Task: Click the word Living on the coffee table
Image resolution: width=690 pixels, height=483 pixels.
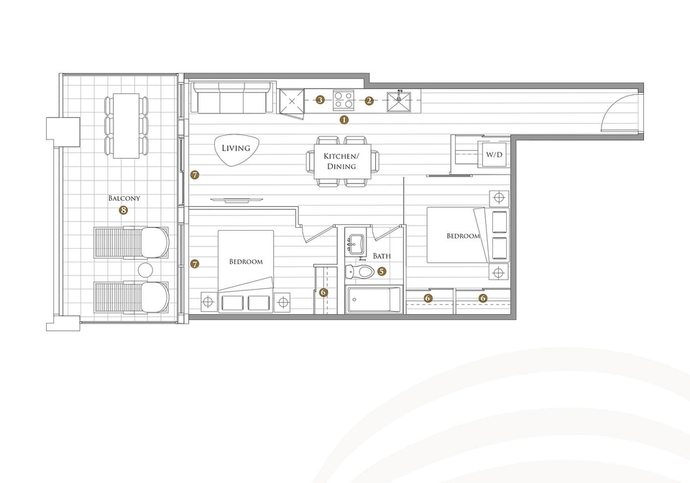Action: point(236,148)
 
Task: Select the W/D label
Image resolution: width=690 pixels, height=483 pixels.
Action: point(494,155)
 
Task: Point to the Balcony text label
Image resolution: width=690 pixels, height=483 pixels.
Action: point(124,198)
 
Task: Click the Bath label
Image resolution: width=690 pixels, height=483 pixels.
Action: point(382,256)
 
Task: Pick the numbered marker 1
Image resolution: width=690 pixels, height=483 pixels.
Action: point(344,119)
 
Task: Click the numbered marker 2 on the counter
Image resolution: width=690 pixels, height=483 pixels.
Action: point(369,101)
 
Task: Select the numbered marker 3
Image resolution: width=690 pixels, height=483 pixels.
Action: point(321,101)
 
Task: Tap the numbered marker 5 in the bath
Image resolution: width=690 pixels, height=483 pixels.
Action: point(381,272)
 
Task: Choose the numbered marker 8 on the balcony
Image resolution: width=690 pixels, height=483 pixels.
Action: point(123,211)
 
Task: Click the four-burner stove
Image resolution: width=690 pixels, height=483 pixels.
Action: point(344,100)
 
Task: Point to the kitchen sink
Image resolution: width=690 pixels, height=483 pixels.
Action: point(399,101)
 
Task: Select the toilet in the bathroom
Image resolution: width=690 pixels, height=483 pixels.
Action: point(359,272)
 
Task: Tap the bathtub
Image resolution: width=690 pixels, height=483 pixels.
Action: point(374,300)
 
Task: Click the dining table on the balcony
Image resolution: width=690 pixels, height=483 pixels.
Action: point(126,126)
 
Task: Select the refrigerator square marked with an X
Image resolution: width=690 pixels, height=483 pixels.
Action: point(292,101)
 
